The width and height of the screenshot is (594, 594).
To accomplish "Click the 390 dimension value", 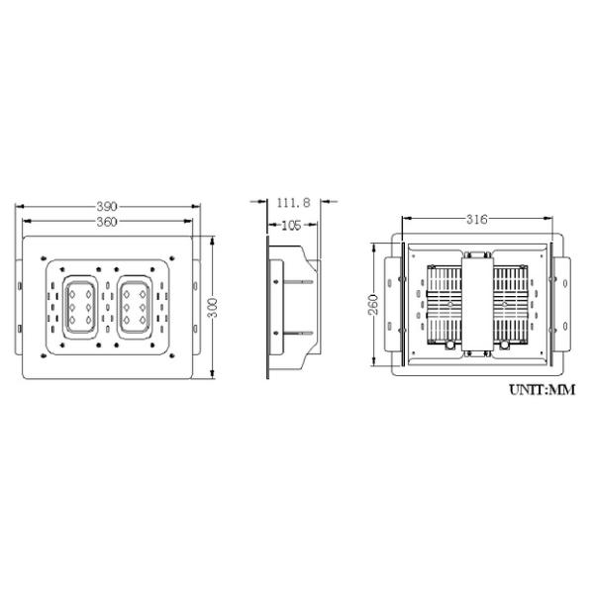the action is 107,207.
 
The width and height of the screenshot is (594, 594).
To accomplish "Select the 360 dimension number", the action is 107,222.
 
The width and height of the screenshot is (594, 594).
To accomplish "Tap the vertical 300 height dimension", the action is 214,308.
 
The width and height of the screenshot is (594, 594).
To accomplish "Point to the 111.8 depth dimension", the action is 294,203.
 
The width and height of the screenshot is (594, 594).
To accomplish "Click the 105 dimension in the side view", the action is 292,226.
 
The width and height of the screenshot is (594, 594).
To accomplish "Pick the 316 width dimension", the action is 477,219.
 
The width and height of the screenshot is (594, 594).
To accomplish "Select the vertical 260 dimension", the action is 373,304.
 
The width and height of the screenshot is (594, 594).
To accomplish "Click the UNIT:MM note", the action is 543,389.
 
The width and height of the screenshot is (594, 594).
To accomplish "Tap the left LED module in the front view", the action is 80,307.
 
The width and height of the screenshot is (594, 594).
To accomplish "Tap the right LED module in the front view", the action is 135,307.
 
